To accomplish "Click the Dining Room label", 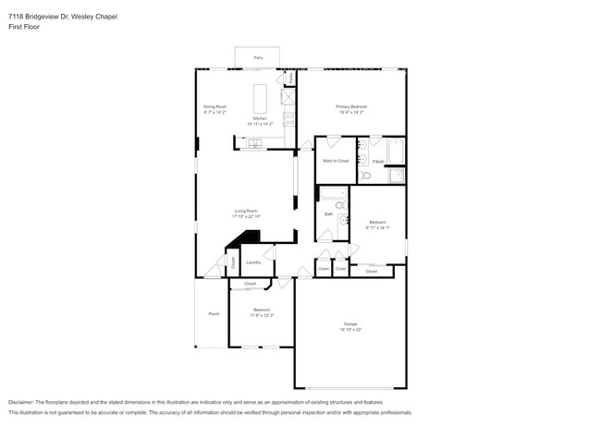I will (215, 107).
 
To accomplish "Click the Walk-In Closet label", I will (335, 161).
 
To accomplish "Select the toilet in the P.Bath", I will (365, 175).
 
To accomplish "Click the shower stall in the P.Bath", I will (396, 176).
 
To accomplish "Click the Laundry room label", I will (253, 262).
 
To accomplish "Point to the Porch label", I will (214, 314).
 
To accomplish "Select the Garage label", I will (350, 323).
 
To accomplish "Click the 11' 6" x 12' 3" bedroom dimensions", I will (262, 315).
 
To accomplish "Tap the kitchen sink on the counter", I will (253, 142).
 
